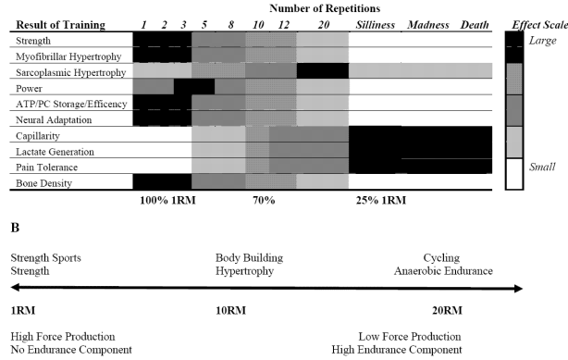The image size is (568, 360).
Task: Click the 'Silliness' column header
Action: pyautogui.click(x=377, y=23)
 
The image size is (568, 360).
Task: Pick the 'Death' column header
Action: pyautogui.click(x=477, y=23)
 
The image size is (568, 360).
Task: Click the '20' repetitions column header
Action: pyautogui.click(x=323, y=23)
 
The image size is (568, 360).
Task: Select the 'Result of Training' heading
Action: pyautogui.click(x=56, y=24)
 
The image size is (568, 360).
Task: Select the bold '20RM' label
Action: pyautogui.click(x=447, y=309)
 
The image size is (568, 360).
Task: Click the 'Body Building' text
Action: pyautogui.click(x=249, y=257)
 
